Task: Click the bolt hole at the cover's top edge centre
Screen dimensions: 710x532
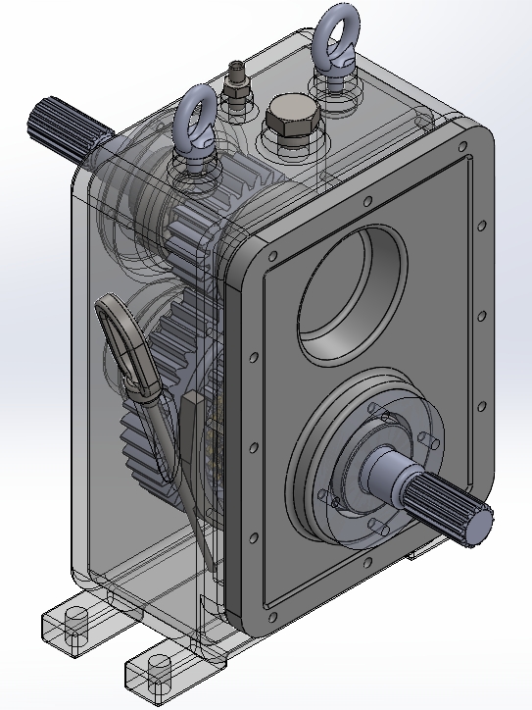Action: click(x=365, y=202)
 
